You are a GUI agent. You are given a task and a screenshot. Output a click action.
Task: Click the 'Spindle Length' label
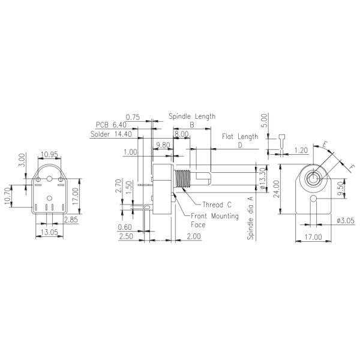(x=192, y=116)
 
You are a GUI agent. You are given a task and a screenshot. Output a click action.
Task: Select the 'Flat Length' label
(x=240, y=136)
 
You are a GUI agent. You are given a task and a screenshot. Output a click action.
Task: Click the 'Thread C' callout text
(x=217, y=204)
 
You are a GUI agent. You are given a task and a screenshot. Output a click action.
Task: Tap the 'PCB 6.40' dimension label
(x=111, y=125)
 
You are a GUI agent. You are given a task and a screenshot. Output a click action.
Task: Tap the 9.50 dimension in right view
(x=340, y=190)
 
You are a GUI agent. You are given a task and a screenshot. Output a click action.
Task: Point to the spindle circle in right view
(x=313, y=178)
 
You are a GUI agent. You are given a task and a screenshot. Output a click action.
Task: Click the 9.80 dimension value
(x=163, y=145)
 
